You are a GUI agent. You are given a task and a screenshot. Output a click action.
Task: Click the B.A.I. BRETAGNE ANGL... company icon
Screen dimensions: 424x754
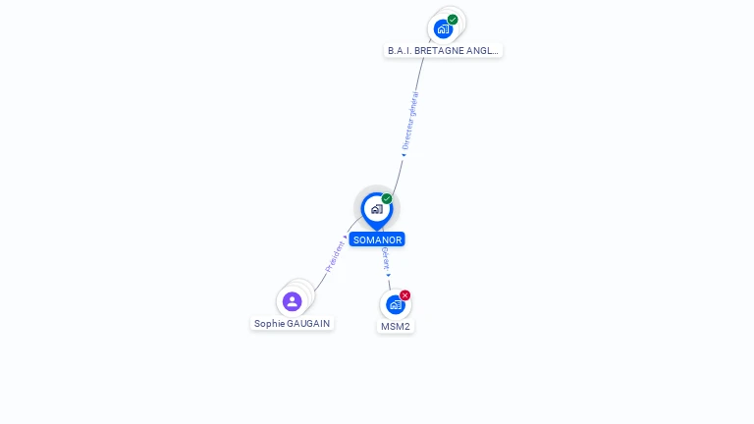pyautogui.click(x=443, y=28)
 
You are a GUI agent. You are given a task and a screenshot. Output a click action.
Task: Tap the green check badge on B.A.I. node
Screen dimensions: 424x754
pyautogui.click(x=453, y=19)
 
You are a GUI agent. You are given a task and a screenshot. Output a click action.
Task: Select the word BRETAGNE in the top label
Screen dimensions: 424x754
pyautogui.click(x=438, y=50)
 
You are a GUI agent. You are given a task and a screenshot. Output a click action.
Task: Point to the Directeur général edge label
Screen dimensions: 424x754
pyautogui.click(x=411, y=120)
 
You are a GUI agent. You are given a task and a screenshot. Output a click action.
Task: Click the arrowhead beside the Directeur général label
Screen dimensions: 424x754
pyautogui.click(x=403, y=154)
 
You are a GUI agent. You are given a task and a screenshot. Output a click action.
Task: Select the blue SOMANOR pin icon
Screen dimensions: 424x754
pyautogui.click(x=376, y=209)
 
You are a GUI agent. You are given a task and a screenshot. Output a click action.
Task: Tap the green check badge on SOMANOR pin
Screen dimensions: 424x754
pyautogui.click(x=387, y=199)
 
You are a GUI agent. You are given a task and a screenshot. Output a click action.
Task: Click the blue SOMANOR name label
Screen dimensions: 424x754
pyautogui.click(x=377, y=239)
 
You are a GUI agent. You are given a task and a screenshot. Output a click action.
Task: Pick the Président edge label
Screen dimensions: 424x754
pyautogui.click(x=335, y=256)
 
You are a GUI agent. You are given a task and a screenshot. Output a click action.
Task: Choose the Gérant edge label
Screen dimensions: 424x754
pyautogui.click(x=386, y=258)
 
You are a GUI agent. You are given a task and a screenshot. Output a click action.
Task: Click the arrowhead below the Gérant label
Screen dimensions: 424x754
pyautogui.click(x=388, y=275)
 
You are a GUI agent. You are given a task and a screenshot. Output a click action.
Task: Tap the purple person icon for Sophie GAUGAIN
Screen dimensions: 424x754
pyautogui.click(x=292, y=301)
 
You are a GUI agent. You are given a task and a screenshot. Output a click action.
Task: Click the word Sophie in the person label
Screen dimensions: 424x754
pyautogui.click(x=269, y=323)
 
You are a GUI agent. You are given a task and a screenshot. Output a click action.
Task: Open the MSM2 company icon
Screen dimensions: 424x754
pyautogui.click(x=395, y=304)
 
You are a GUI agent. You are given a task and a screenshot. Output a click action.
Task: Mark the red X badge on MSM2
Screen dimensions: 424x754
pyautogui.click(x=404, y=295)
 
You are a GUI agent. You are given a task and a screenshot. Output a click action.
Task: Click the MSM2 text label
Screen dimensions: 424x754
pyautogui.click(x=396, y=326)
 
